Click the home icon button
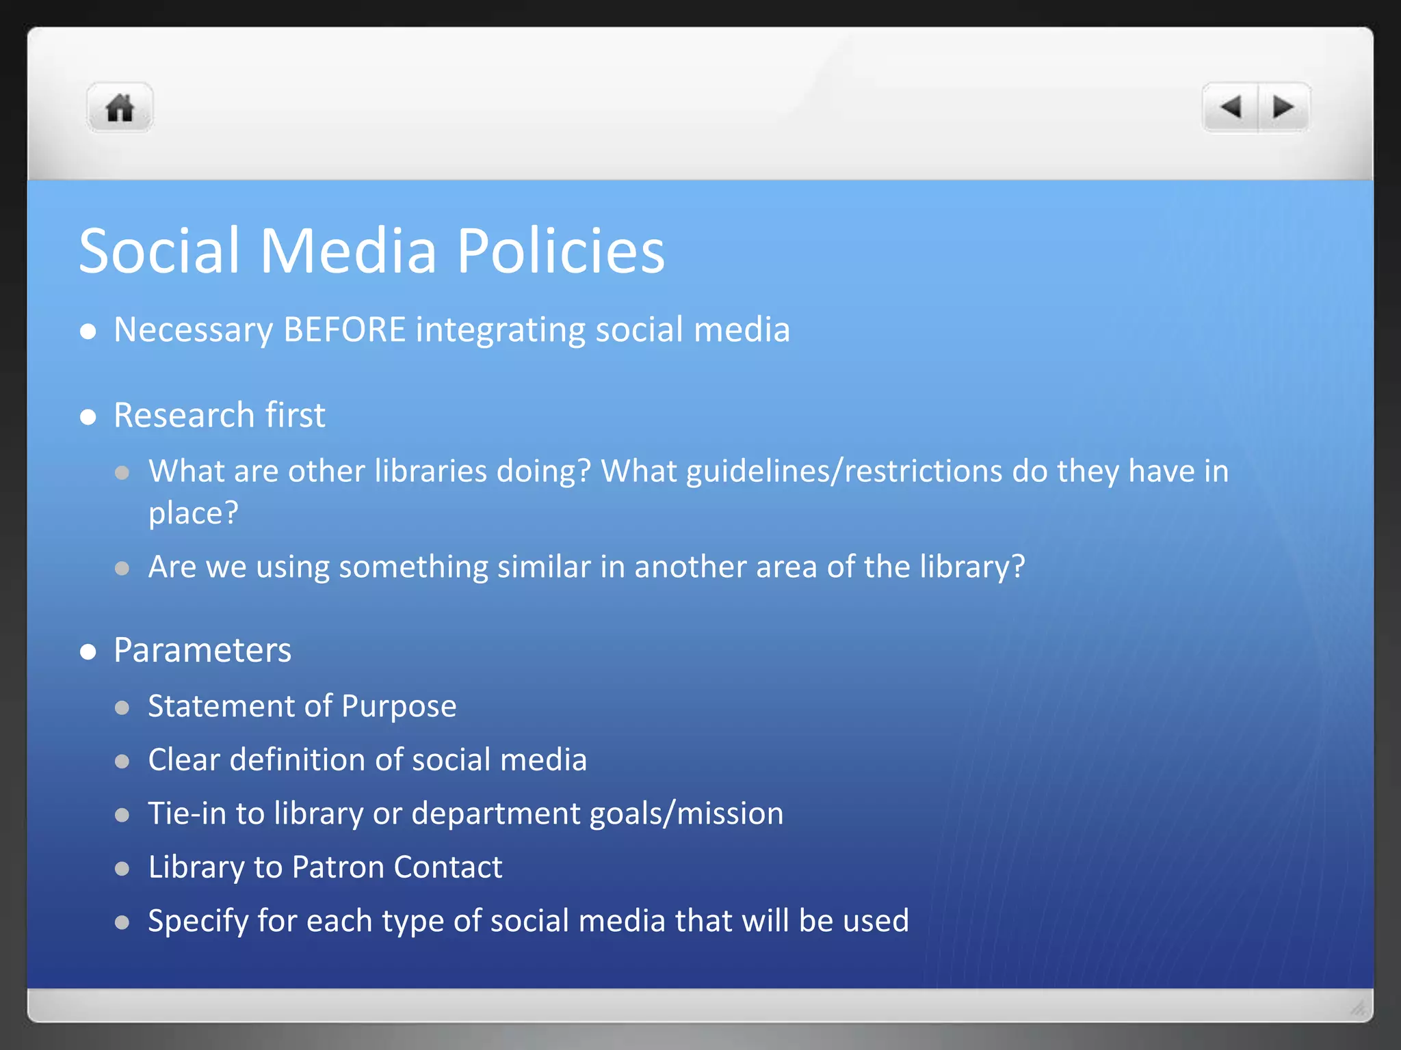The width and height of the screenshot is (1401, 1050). (120, 108)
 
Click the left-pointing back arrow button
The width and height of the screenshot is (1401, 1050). (1231, 107)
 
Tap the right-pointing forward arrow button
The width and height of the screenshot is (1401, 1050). (1283, 107)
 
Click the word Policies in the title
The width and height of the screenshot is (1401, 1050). (560, 251)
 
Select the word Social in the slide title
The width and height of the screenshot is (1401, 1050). (159, 251)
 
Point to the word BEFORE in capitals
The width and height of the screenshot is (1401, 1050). (345, 330)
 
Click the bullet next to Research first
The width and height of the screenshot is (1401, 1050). (88, 417)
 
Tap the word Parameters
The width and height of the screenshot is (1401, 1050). (202, 650)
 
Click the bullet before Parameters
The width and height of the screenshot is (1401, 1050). (88, 651)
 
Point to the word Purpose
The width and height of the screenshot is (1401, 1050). (399, 707)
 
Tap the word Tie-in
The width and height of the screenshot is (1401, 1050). (187, 813)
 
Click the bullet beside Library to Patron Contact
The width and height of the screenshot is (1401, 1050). (122, 869)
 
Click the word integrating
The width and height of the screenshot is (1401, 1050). (501, 331)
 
